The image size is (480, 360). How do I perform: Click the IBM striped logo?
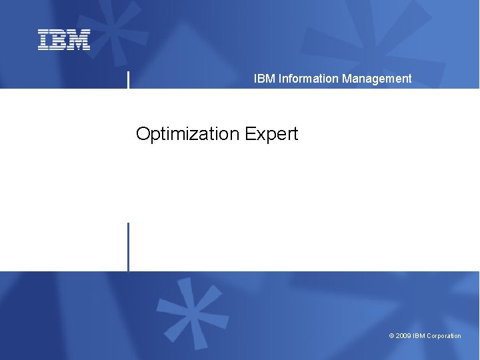point(64,40)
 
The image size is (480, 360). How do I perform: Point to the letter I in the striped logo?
point(43,40)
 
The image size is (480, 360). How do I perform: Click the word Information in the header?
point(309,79)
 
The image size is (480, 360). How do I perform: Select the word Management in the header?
point(377,79)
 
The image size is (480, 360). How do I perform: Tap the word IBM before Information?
point(265,79)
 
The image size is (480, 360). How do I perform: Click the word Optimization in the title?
point(188,134)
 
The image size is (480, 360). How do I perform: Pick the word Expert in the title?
point(271,134)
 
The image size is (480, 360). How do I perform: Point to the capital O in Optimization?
point(143,134)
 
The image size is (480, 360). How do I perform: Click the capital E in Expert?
point(249,134)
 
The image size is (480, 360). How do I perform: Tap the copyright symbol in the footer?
point(391,336)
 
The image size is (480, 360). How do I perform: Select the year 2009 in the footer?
point(403,336)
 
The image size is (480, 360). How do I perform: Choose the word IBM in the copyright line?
point(419,336)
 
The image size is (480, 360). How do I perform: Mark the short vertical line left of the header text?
point(128,79)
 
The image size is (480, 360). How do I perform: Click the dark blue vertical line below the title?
point(128,247)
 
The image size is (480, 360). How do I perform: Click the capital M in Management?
point(347,79)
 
